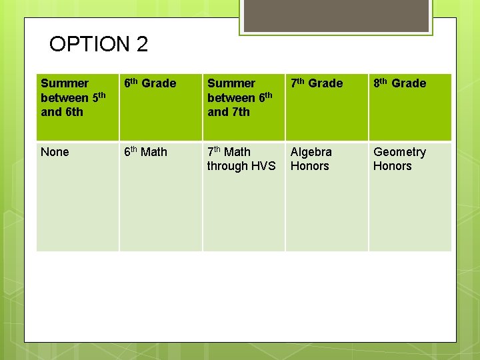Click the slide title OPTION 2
[x=99, y=45]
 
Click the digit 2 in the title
[x=142, y=45]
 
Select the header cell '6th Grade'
[x=150, y=83]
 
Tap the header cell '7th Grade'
[x=317, y=83]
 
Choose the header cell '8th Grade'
[x=399, y=83]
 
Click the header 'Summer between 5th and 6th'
[x=73, y=97]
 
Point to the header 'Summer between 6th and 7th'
[x=240, y=97]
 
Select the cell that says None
[x=55, y=152]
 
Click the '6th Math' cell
[x=146, y=152]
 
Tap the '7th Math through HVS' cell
[x=241, y=159]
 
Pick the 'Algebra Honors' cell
[x=311, y=159]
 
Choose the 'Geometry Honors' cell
[x=399, y=159]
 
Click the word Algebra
[x=311, y=152]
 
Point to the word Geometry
[x=399, y=152]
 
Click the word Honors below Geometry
[x=392, y=166]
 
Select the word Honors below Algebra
[x=310, y=166]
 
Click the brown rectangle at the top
[x=336, y=15]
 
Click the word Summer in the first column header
[x=64, y=83]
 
